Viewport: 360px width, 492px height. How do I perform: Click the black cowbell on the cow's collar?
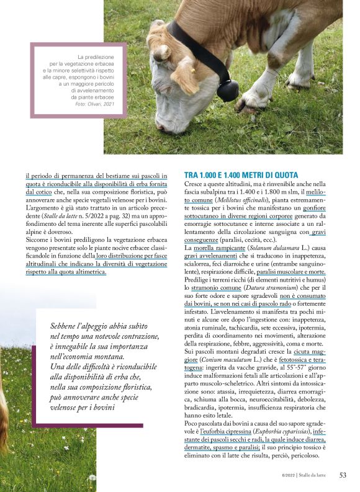pyautogui.click(x=227, y=89)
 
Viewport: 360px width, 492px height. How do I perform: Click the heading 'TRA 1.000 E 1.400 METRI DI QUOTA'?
pyautogui.click(x=241, y=175)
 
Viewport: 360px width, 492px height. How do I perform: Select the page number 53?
pyautogui.click(x=343, y=475)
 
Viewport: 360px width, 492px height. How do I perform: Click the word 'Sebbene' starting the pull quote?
pyautogui.click(x=66, y=326)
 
